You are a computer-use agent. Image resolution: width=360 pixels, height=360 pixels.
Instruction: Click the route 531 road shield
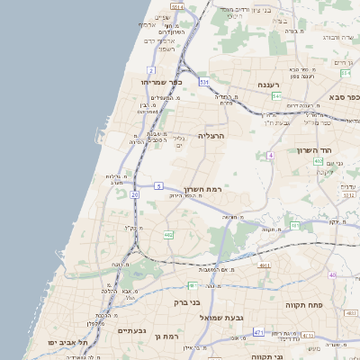click(x=204, y=82)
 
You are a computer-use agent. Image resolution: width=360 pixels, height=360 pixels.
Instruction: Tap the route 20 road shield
click(x=135, y=193)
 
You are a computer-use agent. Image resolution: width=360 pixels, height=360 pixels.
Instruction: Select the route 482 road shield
click(x=168, y=235)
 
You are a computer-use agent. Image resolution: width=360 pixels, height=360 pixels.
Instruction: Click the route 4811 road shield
click(x=264, y=266)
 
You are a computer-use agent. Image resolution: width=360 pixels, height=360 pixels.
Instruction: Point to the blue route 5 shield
click(x=157, y=185)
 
